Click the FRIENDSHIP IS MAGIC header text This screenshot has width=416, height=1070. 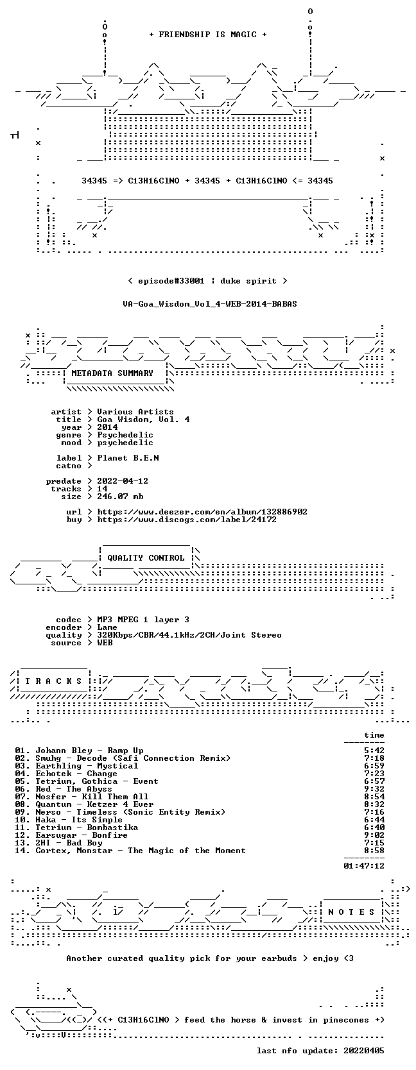click(208, 35)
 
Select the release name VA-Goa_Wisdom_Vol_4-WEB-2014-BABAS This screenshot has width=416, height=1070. click(210, 304)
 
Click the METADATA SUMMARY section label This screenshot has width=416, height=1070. click(112, 373)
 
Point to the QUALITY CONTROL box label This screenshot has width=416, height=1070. click(146, 558)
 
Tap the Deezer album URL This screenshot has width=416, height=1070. click(202, 512)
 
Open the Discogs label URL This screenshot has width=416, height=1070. click(187, 519)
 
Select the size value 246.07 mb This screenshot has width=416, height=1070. click(120, 497)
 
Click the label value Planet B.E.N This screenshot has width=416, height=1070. click(128, 457)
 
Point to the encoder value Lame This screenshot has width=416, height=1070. click(107, 627)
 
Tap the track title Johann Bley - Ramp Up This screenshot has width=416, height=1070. click(89, 751)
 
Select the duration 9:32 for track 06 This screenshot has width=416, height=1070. click(374, 789)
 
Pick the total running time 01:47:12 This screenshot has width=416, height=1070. click(364, 865)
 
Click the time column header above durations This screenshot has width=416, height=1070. click(374, 735)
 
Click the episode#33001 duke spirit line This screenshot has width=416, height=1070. click(207, 281)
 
